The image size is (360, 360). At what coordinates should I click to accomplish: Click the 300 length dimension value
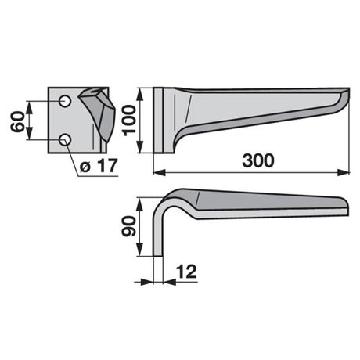[258, 160]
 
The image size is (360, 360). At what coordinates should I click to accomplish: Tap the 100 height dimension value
[129, 121]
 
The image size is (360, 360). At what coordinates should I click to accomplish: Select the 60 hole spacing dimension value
[18, 121]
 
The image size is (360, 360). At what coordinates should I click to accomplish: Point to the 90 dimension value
[129, 227]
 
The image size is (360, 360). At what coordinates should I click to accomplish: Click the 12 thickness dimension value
[186, 272]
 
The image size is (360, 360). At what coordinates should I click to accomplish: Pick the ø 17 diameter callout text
[99, 165]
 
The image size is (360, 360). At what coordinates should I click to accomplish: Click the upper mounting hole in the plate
[65, 101]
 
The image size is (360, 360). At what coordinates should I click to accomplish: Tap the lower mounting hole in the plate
[65, 140]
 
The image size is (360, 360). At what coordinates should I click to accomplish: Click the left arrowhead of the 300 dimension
[159, 172]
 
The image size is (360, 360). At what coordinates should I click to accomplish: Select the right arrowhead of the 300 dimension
[344, 172]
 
